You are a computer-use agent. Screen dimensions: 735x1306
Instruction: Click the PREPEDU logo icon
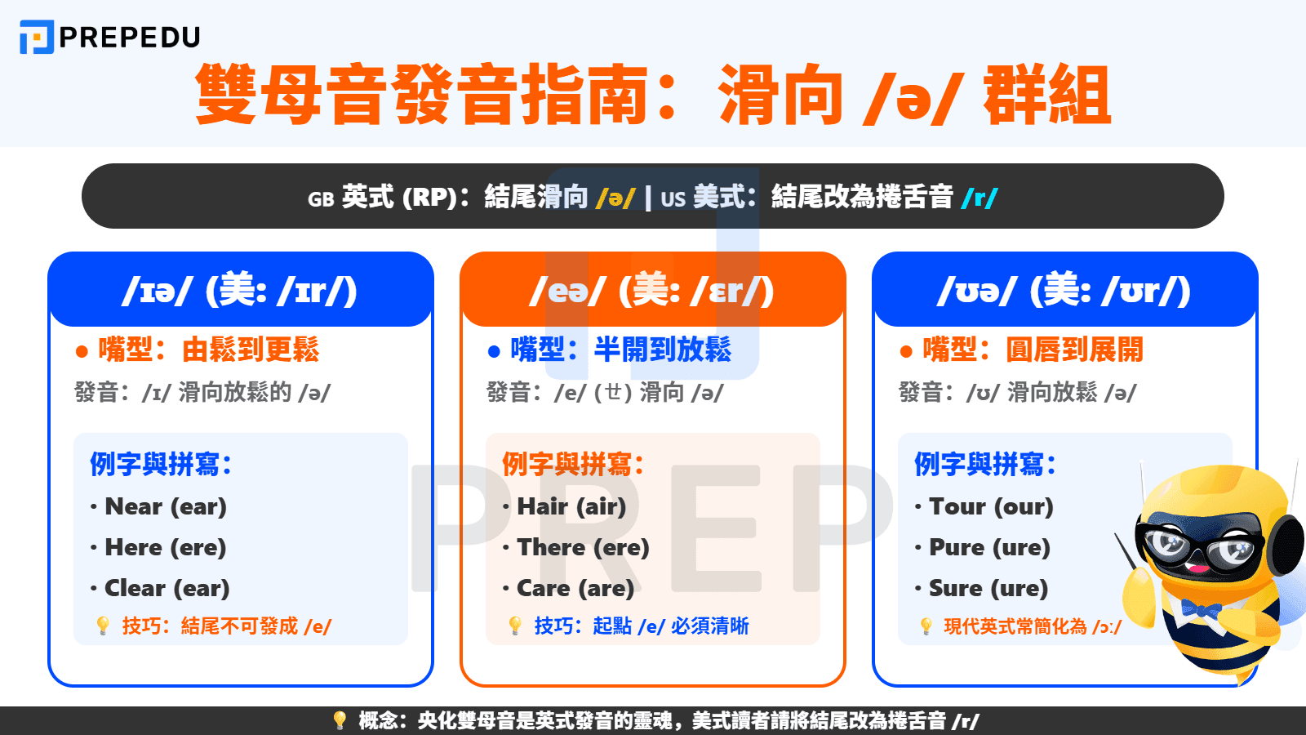[x=37, y=37]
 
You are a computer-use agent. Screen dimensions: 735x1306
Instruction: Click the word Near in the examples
[x=134, y=506]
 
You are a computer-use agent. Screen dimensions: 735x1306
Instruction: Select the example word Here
[x=134, y=547]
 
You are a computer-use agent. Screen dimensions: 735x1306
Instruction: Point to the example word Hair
[x=543, y=506]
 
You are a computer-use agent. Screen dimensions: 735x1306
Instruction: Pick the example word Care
[x=544, y=588]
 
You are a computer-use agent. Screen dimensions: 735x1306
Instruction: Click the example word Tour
[x=957, y=506]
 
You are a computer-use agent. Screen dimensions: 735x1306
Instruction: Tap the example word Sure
[x=956, y=588]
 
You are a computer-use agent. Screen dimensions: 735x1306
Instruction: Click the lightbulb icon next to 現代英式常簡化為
[x=926, y=626]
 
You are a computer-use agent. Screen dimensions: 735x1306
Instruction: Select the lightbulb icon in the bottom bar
[x=340, y=720]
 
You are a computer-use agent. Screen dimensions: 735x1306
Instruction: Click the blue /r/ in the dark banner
[x=979, y=198]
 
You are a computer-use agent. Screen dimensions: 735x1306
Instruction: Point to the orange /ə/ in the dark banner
[x=615, y=198]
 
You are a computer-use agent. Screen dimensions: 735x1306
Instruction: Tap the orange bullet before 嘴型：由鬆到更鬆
[x=82, y=352]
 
